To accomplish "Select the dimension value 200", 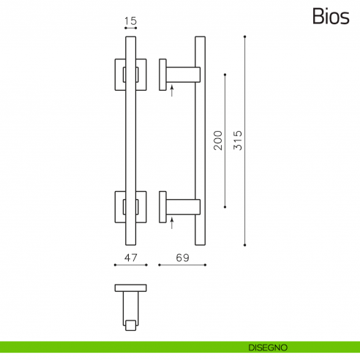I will pos(217,140).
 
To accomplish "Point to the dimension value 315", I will pos(237,140).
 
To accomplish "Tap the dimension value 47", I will pos(131,258).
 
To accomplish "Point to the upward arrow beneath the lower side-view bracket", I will pos(171,223).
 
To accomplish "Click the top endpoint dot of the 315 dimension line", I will pos(245,36).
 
